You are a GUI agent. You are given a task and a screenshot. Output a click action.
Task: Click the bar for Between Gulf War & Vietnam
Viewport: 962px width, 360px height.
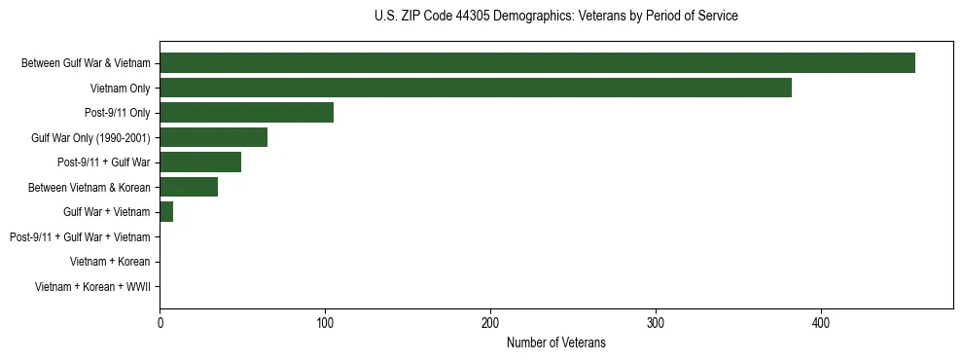[537, 63]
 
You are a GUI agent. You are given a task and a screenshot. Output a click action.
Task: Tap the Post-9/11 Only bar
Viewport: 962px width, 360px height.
[246, 113]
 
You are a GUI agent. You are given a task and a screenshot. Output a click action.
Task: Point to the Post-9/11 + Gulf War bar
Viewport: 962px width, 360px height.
[200, 162]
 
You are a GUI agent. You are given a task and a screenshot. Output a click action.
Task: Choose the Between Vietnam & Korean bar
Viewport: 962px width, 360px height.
[189, 187]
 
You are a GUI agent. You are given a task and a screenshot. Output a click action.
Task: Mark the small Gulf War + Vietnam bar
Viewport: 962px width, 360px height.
[166, 212]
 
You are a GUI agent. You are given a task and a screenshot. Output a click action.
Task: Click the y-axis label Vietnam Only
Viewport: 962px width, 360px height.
[120, 89]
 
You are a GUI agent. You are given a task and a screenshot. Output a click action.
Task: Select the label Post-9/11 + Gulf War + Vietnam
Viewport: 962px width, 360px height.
[80, 237]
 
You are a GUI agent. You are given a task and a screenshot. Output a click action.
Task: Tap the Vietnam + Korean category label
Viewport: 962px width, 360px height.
[110, 262]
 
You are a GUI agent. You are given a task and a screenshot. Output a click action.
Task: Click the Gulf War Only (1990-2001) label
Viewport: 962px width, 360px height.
[90, 138]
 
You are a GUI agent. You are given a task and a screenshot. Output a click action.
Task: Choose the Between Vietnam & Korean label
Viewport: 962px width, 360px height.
[94, 188]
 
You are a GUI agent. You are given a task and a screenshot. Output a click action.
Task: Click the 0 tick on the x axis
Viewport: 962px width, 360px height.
[160, 322]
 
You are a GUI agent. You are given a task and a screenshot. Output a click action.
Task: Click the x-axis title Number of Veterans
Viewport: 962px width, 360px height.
[555, 342]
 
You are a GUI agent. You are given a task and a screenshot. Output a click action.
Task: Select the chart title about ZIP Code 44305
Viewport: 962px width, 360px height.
[555, 17]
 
